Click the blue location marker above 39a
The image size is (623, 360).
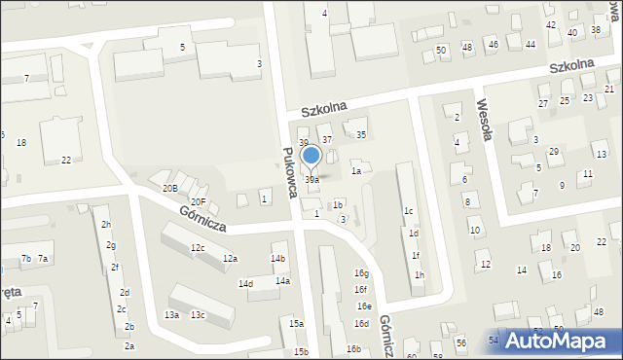click(311, 156)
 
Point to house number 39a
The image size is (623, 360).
click(311, 180)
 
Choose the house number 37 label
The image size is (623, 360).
click(328, 140)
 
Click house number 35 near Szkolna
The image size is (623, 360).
click(360, 135)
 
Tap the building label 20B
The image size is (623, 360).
click(169, 188)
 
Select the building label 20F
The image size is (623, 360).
click(197, 201)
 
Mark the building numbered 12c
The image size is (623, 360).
click(197, 248)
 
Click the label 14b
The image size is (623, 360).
click(277, 258)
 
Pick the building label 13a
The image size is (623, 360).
click(171, 314)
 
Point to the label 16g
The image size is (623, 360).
click(361, 274)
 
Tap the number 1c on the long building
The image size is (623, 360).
click(409, 211)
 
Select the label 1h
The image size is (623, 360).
click(419, 275)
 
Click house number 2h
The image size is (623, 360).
click(105, 225)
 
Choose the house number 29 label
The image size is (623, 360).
click(553, 152)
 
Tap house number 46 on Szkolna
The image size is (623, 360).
click(493, 45)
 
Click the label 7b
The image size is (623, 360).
click(26, 258)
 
